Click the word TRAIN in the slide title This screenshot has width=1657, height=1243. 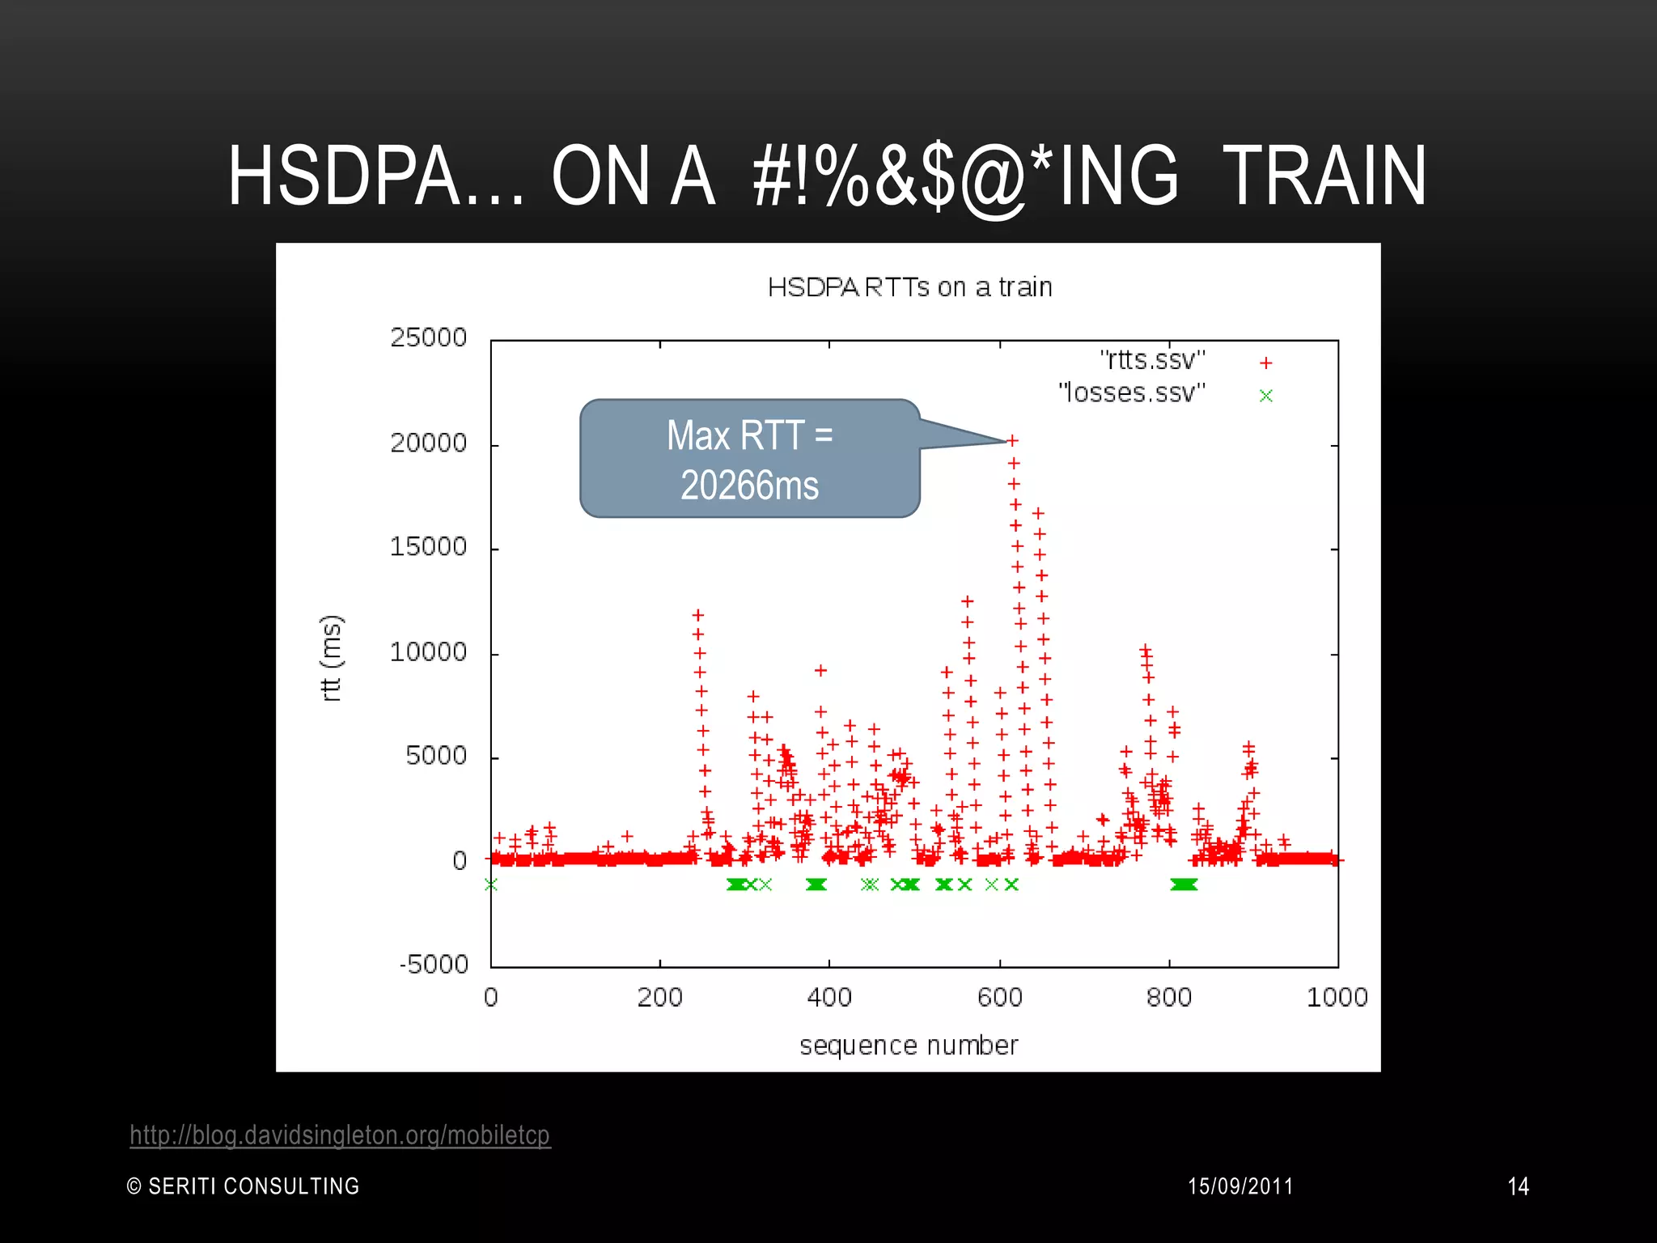(1324, 176)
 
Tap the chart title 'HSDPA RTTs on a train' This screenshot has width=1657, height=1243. (909, 287)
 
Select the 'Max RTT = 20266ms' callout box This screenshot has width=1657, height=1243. (749, 459)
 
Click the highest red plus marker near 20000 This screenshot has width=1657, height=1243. (1012, 440)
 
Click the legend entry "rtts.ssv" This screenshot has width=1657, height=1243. (1153, 359)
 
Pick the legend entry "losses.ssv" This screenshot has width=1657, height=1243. (1132, 393)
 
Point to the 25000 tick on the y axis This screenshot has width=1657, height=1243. (429, 337)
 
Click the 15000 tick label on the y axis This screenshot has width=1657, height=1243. (429, 547)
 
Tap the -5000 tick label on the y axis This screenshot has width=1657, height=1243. (434, 965)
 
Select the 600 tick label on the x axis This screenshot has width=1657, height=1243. (999, 997)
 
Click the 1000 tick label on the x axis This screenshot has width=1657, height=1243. (1337, 997)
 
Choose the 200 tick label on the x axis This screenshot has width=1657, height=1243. (659, 997)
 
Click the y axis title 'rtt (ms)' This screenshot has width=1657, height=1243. (332, 658)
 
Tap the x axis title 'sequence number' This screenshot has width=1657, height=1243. (909, 1046)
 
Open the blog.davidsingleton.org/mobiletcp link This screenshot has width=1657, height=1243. (340, 1135)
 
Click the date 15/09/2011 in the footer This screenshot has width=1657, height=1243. (1240, 1186)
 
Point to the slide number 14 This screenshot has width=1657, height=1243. (1518, 1186)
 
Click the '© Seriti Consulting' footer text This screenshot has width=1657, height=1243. (244, 1186)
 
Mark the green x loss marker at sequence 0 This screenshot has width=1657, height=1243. (491, 885)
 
